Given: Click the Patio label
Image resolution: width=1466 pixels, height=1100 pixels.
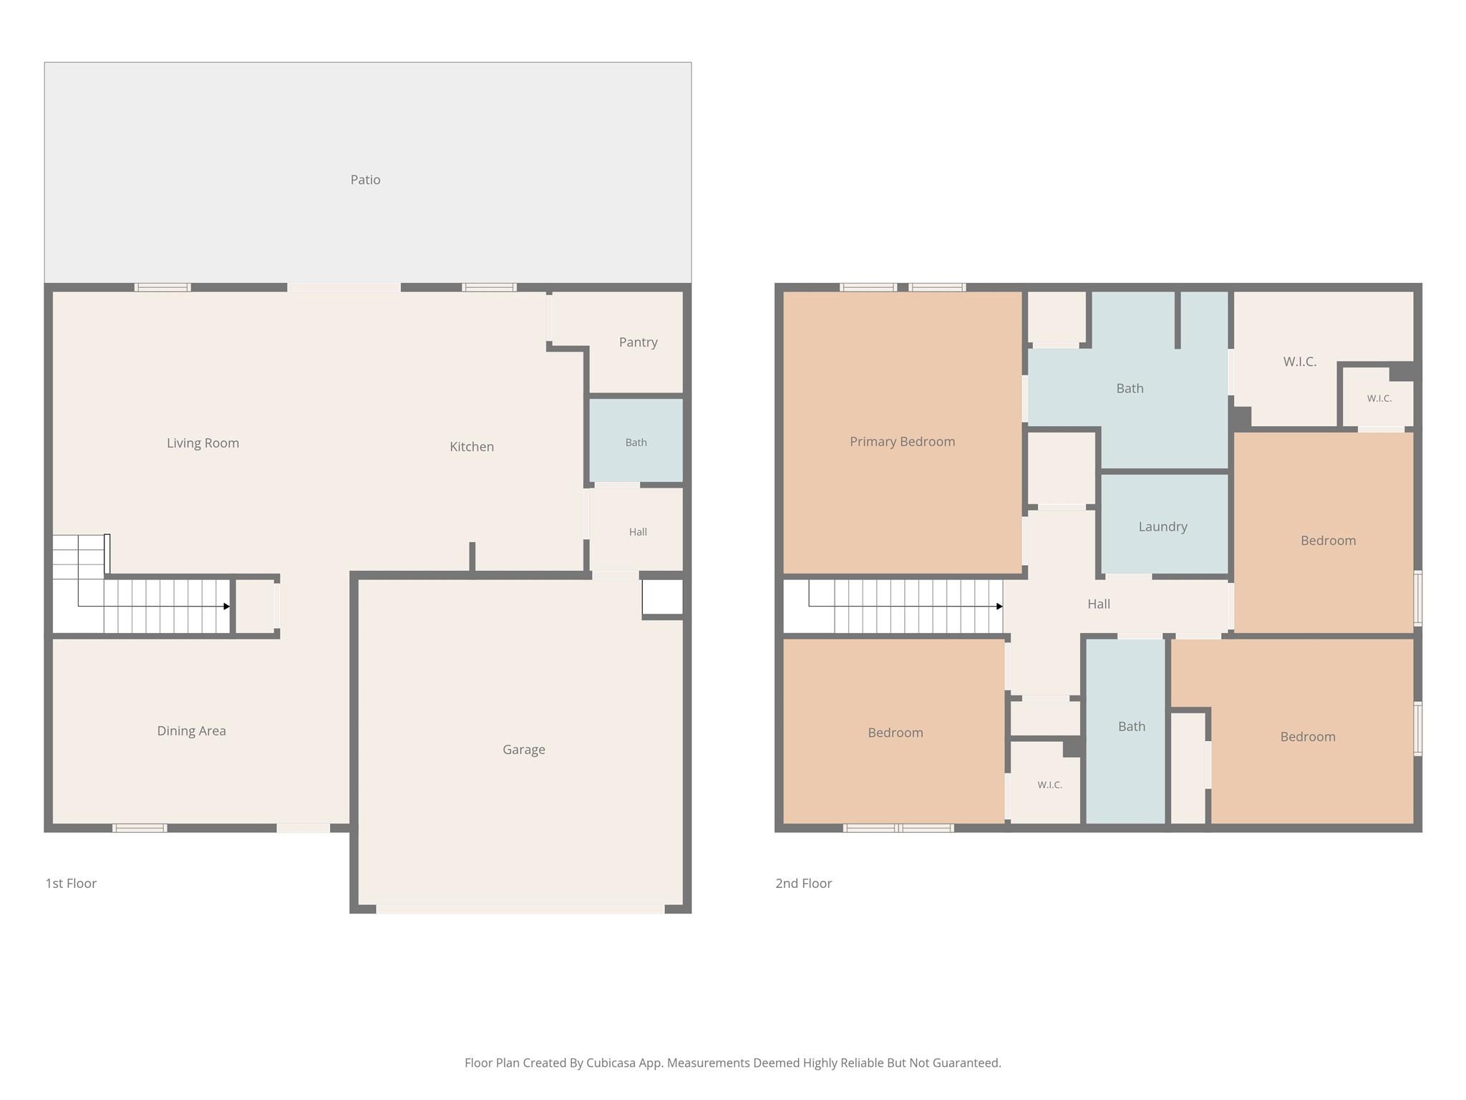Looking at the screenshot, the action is click(x=365, y=180).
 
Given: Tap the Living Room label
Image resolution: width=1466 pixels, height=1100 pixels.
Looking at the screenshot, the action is click(x=203, y=443).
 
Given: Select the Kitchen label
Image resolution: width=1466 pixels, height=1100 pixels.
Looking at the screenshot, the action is click(x=472, y=447).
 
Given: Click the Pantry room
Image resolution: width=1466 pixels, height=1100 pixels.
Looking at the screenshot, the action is click(x=636, y=342).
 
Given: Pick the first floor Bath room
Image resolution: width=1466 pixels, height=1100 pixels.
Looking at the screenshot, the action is click(x=636, y=440).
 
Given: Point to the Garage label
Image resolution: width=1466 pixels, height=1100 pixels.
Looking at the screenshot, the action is click(x=524, y=750).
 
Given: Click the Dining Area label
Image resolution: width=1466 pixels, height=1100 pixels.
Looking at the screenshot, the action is click(x=191, y=731).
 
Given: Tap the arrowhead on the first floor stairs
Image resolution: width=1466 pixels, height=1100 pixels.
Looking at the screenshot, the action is click(x=227, y=607).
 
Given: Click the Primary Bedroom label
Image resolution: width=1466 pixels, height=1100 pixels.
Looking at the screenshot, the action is click(x=902, y=442).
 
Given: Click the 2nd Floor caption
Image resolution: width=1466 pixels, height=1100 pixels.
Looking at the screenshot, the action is click(x=803, y=884).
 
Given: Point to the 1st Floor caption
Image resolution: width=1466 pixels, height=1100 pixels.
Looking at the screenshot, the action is click(x=71, y=884).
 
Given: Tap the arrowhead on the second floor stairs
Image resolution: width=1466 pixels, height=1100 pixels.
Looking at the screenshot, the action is click(x=999, y=607).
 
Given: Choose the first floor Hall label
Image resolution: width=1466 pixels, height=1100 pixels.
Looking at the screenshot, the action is click(x=638, y=532).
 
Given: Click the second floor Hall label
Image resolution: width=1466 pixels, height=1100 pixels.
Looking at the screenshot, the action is click(x=1099, y=604).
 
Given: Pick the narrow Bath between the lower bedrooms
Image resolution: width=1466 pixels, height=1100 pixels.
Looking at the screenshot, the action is click(x=1126, y=731).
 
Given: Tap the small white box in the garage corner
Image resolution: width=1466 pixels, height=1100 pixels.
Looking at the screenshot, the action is click(x=662, y=597).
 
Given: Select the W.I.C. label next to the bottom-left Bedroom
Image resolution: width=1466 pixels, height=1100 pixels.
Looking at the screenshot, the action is click(x=1049, y=785).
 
